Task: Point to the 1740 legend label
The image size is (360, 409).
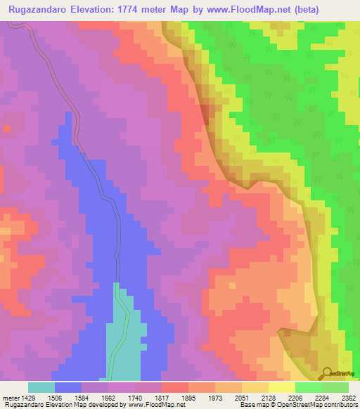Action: pos(148,398)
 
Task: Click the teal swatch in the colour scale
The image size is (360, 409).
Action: pos(41,387)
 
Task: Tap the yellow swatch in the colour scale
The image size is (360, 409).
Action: pos(281,387)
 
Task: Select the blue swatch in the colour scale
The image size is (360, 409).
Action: pos(68,387)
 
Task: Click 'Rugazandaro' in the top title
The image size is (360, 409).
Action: pos(41,10)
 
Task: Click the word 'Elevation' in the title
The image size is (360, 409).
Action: pos(110,10)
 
